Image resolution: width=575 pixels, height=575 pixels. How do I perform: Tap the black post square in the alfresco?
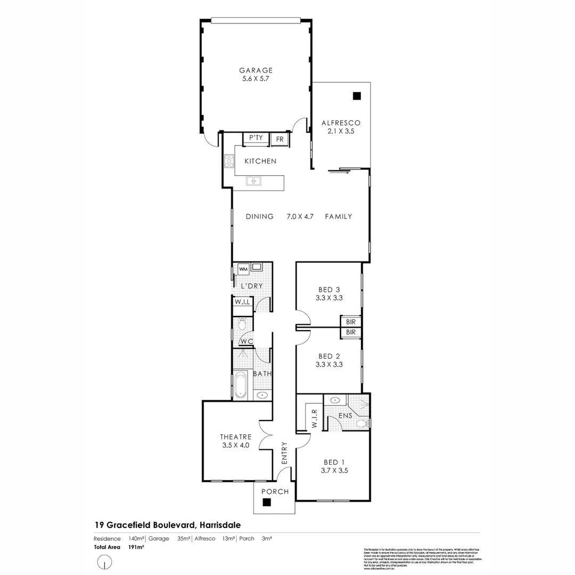(356, 96)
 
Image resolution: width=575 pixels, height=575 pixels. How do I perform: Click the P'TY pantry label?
(256, 138)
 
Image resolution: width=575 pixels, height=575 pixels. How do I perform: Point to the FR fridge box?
(280, 139)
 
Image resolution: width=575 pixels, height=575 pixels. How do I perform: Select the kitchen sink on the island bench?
(254, 182)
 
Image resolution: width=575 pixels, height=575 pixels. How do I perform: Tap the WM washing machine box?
(243, 269)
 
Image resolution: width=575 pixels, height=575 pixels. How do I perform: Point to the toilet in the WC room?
(242, 323)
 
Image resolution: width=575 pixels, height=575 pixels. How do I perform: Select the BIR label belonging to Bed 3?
(351, 322)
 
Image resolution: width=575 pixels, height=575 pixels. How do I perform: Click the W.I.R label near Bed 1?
(314, 418)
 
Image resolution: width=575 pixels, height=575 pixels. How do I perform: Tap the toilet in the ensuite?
(362, 423)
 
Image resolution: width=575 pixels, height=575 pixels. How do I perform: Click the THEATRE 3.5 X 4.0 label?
(236, 441)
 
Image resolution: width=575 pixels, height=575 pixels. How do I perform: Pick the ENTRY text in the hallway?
(284, 453)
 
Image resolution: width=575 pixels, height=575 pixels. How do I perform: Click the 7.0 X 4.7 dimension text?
(300, 217)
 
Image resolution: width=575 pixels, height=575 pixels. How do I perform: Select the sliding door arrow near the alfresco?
(339, 171)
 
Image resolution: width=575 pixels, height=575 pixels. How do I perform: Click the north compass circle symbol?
(105, 561)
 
